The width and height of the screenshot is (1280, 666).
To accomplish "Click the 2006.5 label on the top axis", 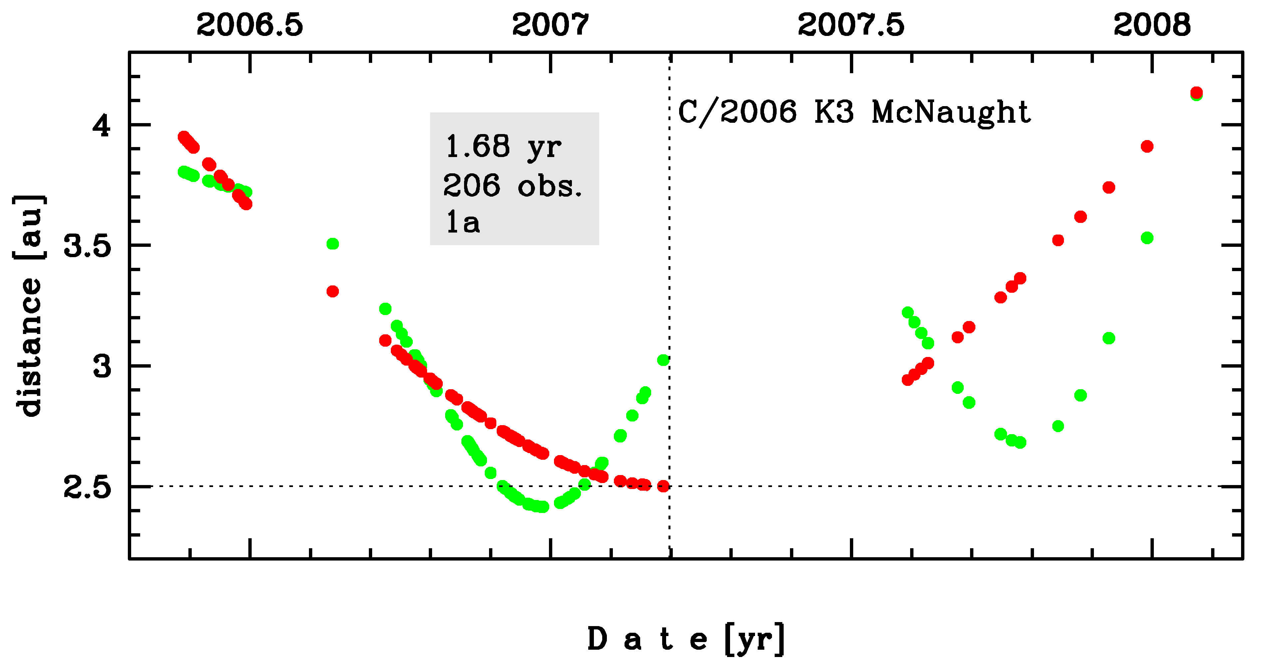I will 249,25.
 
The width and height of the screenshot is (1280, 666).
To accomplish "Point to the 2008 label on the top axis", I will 1152,25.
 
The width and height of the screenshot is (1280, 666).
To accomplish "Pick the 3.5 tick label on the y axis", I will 88,246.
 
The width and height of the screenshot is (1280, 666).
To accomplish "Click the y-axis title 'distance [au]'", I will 29,305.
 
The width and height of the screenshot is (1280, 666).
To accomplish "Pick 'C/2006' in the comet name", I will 737,112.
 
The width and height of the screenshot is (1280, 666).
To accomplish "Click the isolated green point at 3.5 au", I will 333,244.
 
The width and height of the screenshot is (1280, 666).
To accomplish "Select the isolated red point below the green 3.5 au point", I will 333,291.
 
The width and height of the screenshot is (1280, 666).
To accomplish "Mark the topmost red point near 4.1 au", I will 1196,92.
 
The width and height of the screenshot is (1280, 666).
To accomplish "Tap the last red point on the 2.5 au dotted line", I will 663,486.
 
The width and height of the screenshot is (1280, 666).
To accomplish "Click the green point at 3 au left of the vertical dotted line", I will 663,360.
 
